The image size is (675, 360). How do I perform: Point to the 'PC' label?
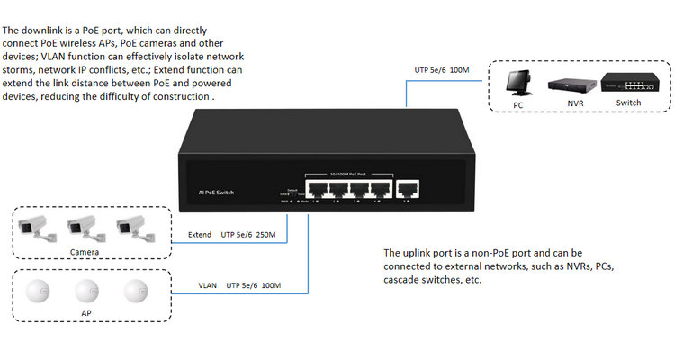click(518, 104)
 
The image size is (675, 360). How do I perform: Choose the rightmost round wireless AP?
click(135, 291)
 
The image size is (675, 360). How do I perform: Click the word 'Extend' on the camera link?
click(199, 235)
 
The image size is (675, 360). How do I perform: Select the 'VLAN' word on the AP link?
click(208, 285)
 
